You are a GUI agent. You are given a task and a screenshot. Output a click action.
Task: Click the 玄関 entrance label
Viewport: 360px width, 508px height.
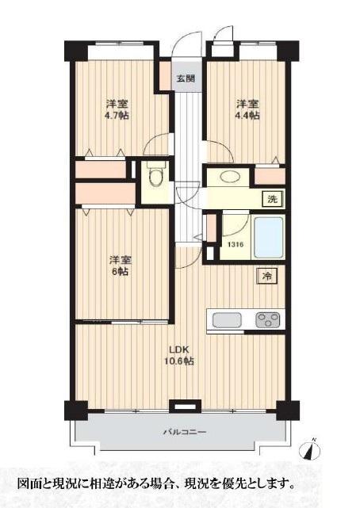click(186, 78)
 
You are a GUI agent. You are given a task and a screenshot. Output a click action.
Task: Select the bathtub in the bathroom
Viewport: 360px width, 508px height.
click(269, 238)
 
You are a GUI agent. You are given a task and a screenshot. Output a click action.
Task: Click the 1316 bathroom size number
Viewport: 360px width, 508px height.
click(236, 245)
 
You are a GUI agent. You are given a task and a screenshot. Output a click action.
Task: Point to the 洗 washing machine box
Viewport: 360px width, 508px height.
click(273, 200)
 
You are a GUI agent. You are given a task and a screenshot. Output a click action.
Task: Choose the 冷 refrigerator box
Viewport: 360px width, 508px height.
click(267, 277)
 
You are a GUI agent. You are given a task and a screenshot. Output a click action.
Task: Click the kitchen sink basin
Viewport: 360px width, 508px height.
click(227, 320)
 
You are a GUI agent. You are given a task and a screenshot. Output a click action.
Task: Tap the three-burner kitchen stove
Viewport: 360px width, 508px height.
click(268, 319)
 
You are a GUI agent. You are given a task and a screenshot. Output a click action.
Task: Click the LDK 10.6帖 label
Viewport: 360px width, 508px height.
click(182, 355)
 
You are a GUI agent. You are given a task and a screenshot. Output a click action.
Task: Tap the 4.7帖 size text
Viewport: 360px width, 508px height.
click(117, 116)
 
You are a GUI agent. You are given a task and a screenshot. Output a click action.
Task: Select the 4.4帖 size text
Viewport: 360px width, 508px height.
click(247, 115)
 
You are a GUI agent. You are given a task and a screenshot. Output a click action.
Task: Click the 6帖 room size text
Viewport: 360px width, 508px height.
click(121, 272)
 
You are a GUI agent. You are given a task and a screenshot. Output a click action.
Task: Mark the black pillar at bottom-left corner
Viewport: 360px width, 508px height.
click(76, 411)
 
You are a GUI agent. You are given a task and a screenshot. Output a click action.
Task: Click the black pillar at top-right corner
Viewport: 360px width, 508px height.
click(288, 51)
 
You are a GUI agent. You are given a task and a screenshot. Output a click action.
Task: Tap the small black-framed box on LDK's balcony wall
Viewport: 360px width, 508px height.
click(186, 406)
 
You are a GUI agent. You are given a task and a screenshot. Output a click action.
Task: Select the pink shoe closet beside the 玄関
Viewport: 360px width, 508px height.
click(165, 75)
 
